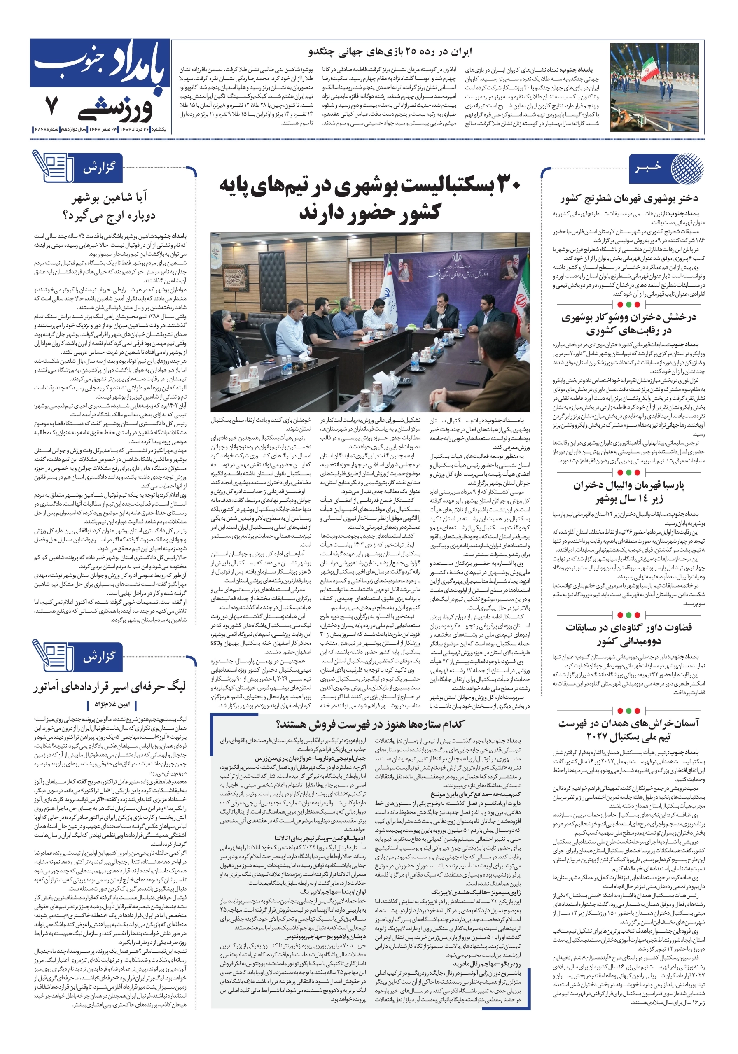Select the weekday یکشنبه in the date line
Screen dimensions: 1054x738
[x=159, y=130]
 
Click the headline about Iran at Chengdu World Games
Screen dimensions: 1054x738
[x=390, y=51]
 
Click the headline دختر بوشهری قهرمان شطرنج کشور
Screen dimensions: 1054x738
[x=629, y=199]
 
